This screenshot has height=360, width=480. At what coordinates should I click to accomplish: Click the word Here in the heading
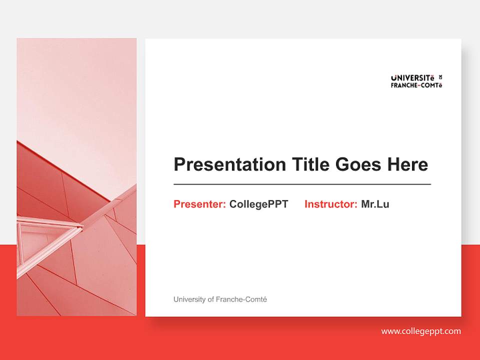(407, 164)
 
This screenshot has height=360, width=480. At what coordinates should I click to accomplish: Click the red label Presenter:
(199, 204)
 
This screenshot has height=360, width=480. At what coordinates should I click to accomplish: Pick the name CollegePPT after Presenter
(258, 204)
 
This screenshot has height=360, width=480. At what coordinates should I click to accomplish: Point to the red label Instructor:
(330, 204)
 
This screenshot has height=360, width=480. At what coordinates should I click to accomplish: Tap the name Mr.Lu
(375, 204)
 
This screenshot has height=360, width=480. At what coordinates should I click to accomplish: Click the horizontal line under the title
(302, 184)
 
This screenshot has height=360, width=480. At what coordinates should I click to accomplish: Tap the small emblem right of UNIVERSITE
(440, 77)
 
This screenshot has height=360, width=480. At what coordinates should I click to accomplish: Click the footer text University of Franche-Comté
(220, 299)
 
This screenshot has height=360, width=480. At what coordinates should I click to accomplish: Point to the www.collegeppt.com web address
(421, 331)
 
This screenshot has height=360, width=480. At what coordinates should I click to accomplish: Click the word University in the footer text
(189, 299)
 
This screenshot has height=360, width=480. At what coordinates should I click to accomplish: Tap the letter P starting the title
(179, 164)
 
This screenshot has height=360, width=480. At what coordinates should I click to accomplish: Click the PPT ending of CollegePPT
(279, 204)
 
